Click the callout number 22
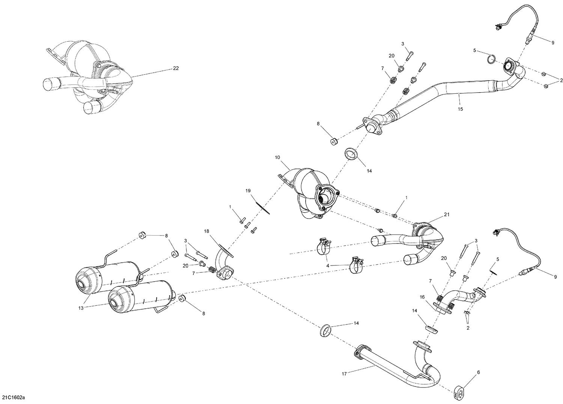point(176,68)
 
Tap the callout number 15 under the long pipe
point(460,109)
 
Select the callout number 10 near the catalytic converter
point(277,158)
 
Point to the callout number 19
point(248,191)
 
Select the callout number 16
point(422,297)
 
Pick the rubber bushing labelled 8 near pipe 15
point(333,141)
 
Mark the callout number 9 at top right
point(552,42)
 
